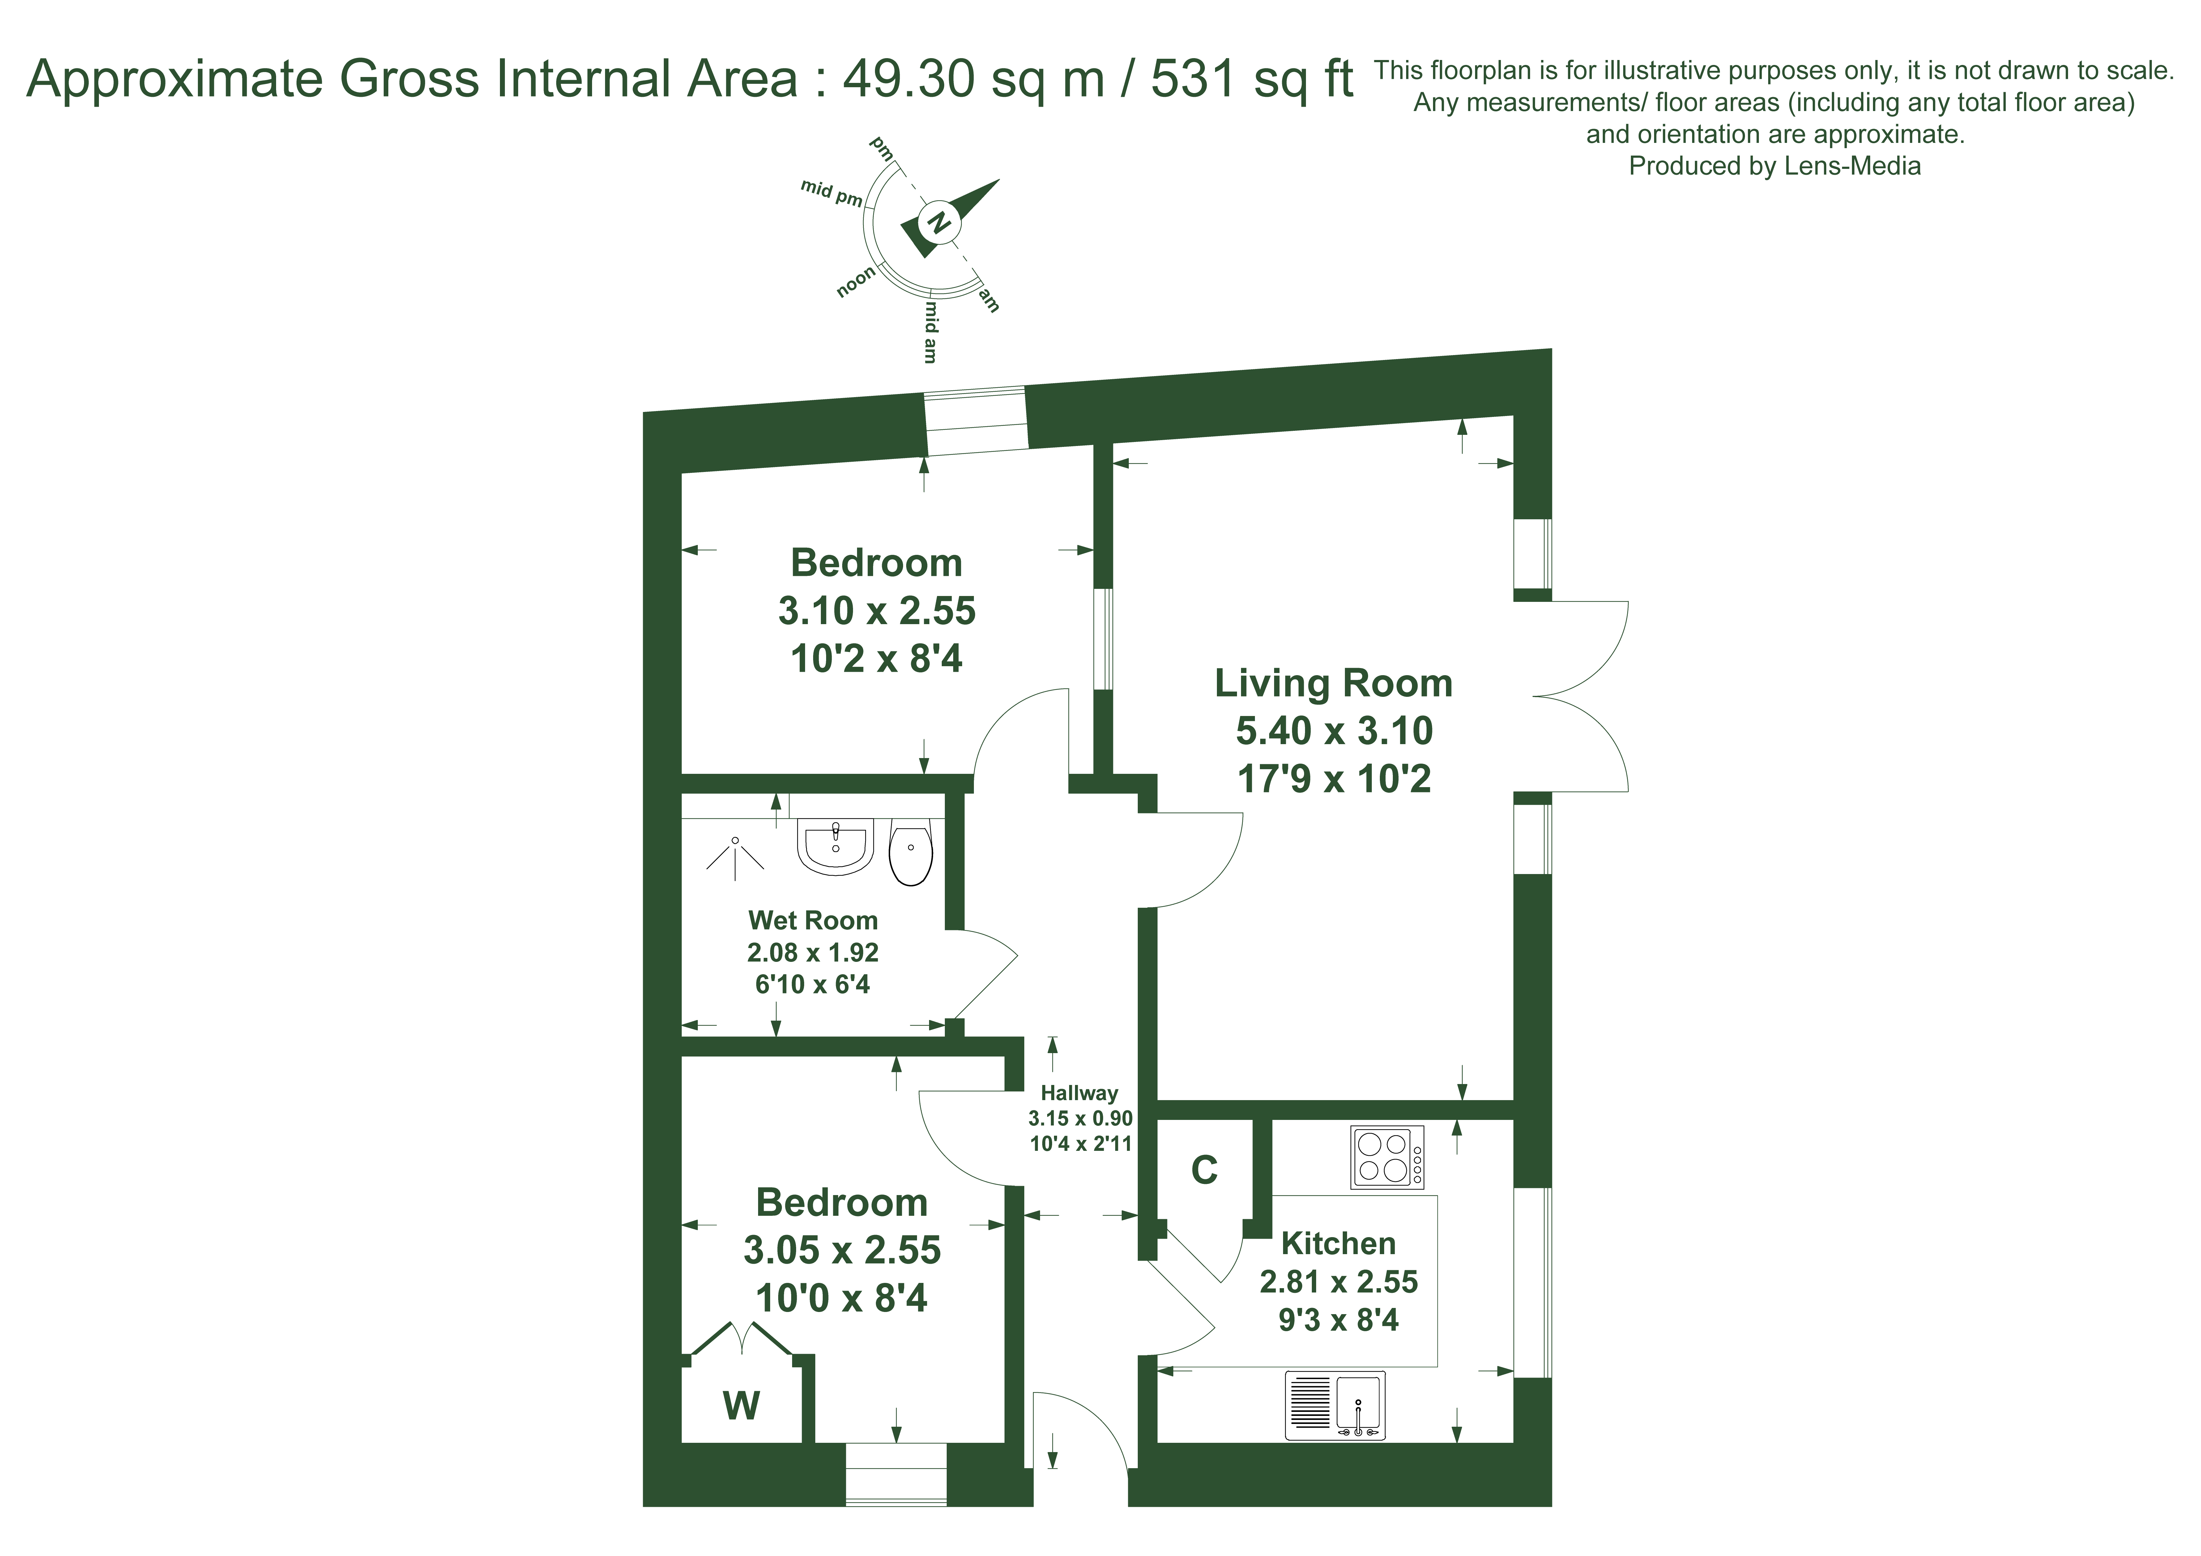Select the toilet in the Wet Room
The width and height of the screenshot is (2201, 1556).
click(911, 851)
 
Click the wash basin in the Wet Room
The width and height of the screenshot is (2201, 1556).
click(835, 847)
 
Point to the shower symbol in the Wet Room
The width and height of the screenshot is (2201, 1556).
click(735, 856)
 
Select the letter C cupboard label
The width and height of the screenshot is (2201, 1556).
click(1204, 1170)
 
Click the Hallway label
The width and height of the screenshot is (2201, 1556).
click(1079, 1093)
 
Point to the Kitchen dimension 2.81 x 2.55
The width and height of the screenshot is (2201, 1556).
click(1338, 1282)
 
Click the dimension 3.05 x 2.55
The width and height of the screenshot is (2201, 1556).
click(842, 1250)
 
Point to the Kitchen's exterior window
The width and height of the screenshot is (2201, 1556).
click(1533, 1283)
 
